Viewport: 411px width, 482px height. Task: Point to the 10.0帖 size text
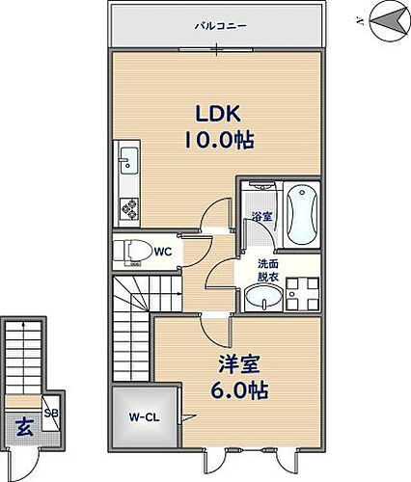pyautogui.click(x=219, y=142)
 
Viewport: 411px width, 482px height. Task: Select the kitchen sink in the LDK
pyautogui.click(x=128, y=160)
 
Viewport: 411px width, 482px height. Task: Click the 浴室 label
pyautogui.click(x=260, y=216)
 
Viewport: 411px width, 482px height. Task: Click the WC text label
pyautogui.click(x=162, y=252)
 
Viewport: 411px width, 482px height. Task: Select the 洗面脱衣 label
pyautogui.click(x=267, y=271)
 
